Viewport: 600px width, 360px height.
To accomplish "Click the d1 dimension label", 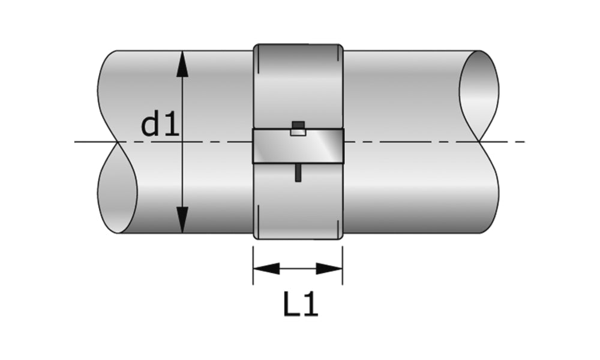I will (160, 125).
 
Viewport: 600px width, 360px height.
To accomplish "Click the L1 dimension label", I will (300, 305).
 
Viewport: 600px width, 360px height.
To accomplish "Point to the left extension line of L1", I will (253, 264).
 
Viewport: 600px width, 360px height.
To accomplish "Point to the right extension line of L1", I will (343, 264).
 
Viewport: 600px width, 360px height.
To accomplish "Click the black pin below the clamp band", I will (298, 173).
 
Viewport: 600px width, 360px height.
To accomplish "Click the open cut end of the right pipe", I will (479, 96).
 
